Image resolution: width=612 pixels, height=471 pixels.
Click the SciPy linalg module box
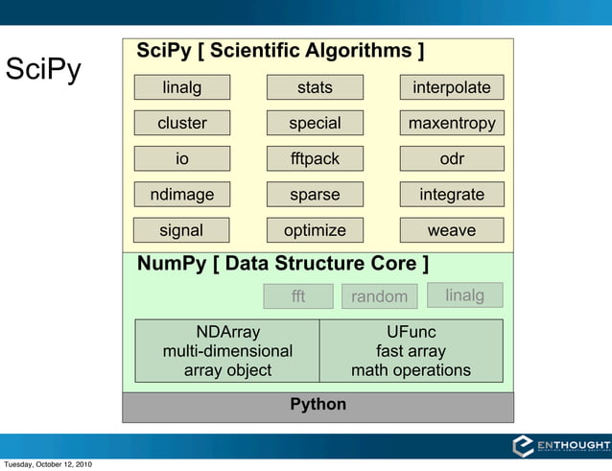click(x=181, y=88)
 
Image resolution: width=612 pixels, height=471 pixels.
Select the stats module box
click(x=315, y=88)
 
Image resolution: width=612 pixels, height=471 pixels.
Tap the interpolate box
click(x=451, y=88)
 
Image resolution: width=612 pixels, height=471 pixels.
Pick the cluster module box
click(x=181, y=124)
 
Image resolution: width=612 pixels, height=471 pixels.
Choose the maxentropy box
click(x=451, y=124)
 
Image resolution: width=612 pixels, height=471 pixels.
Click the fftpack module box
click(x=315, y=159)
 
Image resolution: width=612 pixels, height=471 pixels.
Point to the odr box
click(x=451, y=159)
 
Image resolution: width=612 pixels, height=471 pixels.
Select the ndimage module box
click(x=181, y=195)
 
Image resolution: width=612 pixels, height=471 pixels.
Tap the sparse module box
click(x=315, y=195)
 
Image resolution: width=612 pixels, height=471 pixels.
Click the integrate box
click(x=451, y=195)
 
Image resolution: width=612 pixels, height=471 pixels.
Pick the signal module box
click(x=181, y=230)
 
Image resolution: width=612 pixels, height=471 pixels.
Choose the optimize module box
click(x=315, y=230)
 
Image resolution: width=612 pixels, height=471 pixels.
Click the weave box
click(x=451, y=230)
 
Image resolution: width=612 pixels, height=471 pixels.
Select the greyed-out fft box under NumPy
click(x=298, y=296)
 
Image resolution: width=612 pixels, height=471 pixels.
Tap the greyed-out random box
click(x=379, y=296)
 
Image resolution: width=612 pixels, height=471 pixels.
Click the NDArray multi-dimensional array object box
click(x=227, y=351)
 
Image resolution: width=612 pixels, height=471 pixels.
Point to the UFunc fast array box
click(x=411, y=351)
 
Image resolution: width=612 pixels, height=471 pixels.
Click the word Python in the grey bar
click(x=318, y=405)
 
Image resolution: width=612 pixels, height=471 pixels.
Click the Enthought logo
click(x=560, y=446)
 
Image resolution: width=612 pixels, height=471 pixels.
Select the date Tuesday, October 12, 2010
click(x=48, y=465)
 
